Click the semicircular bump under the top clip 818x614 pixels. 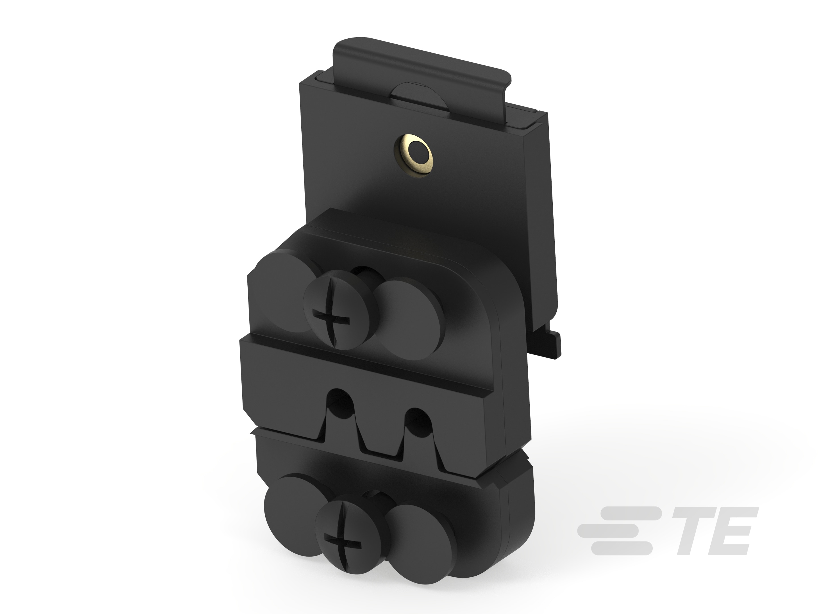(x=418, y=96)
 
